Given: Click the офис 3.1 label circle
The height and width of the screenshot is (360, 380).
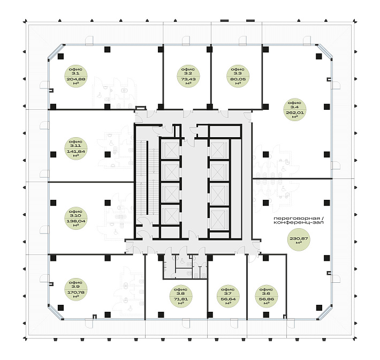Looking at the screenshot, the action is [76, 76].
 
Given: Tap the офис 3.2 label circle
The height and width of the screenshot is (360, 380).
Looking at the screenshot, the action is [188, 76].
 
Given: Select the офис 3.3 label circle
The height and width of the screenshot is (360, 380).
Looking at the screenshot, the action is [238, 76].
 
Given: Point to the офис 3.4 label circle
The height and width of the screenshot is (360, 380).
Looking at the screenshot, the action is [295, 110].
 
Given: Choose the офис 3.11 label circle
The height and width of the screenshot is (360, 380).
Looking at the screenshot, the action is [76, 148].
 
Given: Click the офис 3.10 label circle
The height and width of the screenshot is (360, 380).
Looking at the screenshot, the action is [76, 219].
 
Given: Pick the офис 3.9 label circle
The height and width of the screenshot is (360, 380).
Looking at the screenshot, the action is [76, 289].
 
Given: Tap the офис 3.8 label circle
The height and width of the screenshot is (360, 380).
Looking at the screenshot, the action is [180, 296].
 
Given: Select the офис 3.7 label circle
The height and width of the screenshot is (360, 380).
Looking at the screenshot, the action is [228, 296].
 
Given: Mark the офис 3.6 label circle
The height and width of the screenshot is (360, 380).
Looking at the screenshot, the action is [267, 296].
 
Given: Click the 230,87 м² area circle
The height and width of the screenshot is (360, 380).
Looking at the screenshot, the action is [299, 239].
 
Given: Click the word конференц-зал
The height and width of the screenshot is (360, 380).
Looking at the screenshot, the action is [298, 222].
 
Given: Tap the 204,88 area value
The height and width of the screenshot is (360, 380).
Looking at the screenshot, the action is [76, 79].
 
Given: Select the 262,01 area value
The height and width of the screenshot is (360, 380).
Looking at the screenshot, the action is [295, 112].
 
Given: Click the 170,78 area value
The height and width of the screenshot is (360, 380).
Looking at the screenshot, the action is [76, 292].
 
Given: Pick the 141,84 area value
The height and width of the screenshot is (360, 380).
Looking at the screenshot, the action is [76, 152].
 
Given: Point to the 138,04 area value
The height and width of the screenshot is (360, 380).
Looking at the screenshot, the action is [76, 221].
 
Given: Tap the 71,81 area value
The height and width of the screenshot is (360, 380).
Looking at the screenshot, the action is [180, 299].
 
